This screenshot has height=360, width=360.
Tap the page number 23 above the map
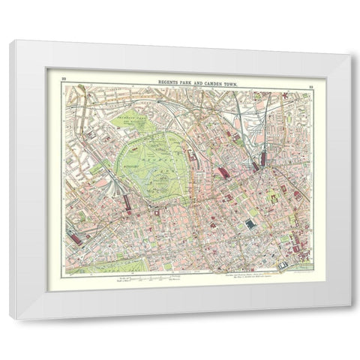[308, 89]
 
